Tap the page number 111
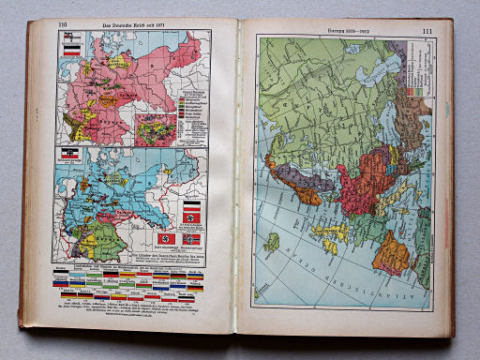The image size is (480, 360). point(427,33)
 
